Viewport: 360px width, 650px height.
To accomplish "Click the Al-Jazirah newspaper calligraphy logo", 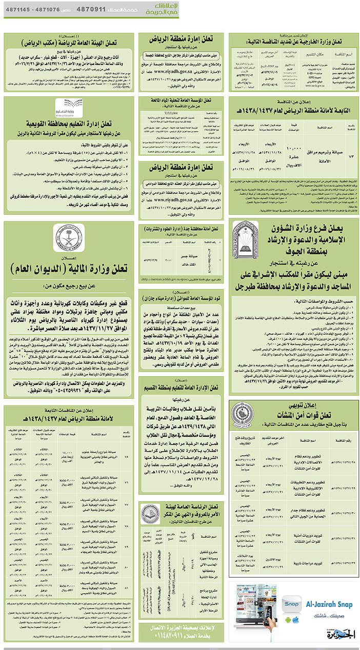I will pos(340,634).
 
